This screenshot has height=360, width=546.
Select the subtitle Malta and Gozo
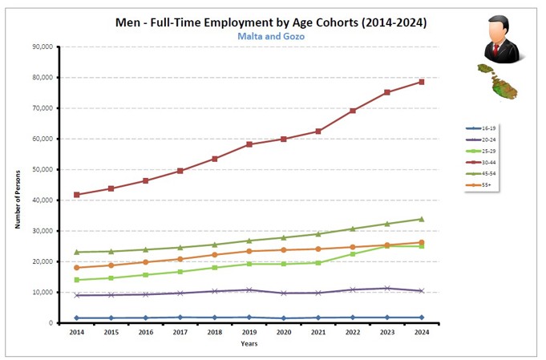coord(272,37)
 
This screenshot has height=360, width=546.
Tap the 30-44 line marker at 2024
coord(421,82)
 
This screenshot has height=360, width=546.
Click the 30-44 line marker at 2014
coord(76,195)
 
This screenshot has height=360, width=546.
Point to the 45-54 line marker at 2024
coord(421,219)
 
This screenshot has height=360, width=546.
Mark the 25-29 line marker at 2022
coord(352,254)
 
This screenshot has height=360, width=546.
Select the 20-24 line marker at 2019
coord(249,289)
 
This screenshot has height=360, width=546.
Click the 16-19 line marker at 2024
coord(421,318)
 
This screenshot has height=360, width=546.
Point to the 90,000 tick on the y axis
coord(42,47)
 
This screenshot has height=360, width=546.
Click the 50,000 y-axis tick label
coord(42,170)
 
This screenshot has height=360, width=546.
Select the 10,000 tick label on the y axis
coord(42,293)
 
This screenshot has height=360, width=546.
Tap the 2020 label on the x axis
coord(283,331)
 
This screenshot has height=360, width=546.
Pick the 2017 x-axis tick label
coord(180,331)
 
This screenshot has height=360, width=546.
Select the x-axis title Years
coord(249,344)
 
